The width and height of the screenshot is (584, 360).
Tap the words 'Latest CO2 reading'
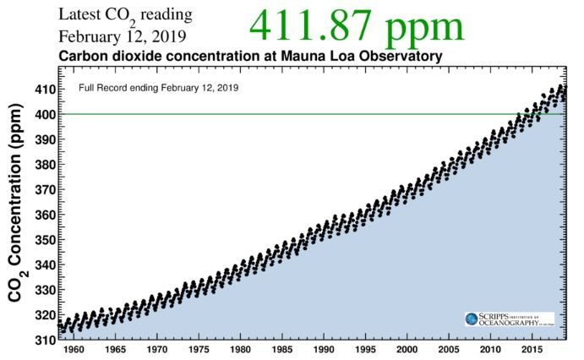click(x=125, y=15)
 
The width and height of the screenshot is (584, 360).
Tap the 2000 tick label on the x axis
click(x=407, y=350)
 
